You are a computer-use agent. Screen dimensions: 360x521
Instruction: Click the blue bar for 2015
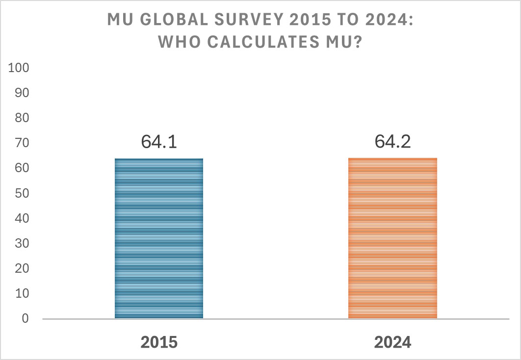pos(158,238)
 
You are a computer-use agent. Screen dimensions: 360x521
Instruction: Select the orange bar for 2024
pos(392,238)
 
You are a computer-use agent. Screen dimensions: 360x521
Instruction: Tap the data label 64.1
pos(159,142)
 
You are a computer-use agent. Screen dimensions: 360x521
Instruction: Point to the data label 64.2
pos(392,142)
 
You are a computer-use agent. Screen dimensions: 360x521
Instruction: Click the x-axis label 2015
pos(159,342)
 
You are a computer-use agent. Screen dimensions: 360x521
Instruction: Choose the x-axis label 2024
pos(392,342)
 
